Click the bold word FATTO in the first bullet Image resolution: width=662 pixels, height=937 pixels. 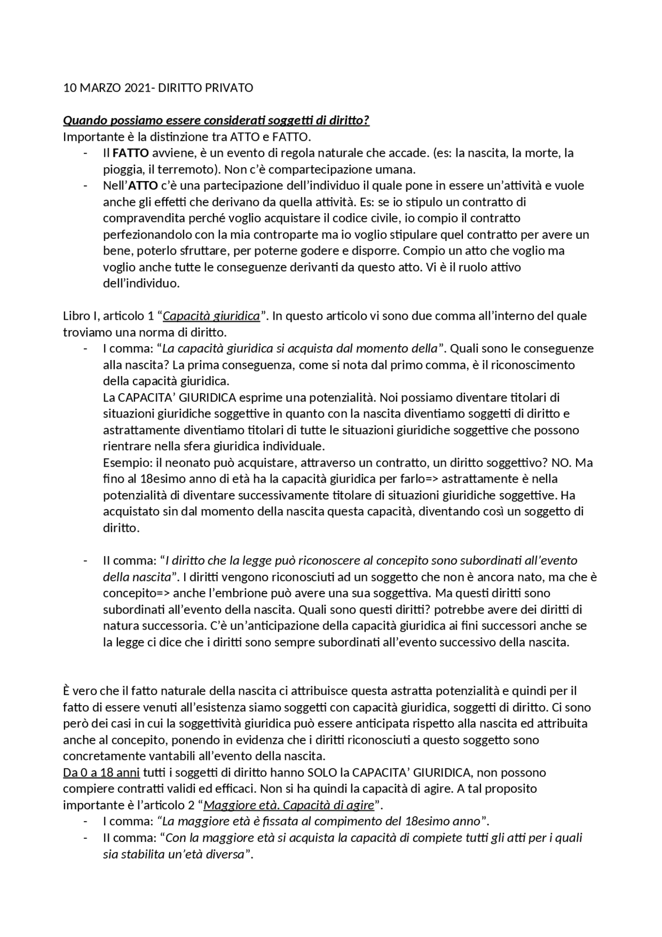pyautogui.click(x=131, y=153)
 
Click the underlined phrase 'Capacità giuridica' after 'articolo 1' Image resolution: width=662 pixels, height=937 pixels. pyautogui.click(x=211, y=316)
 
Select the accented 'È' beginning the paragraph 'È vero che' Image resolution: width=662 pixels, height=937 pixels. pyautogui.click(x=66, y=691)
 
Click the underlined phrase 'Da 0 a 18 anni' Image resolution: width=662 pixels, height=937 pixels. pyautogui.click(x=101, y=773)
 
